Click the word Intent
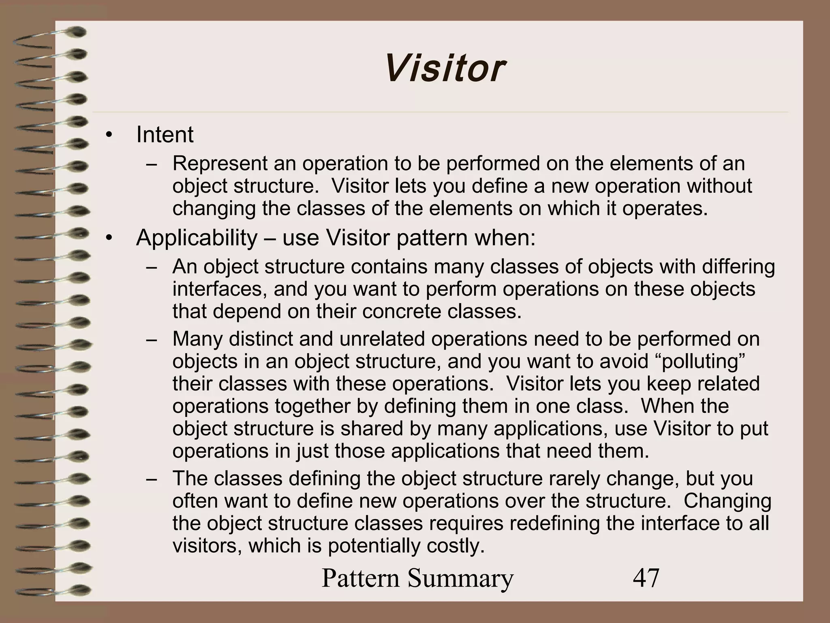(165, 135)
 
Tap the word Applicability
(197, 238)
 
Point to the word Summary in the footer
(460, 578)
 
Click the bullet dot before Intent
(108, 135)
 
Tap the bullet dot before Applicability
(108, 238)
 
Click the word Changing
(727, 501)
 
